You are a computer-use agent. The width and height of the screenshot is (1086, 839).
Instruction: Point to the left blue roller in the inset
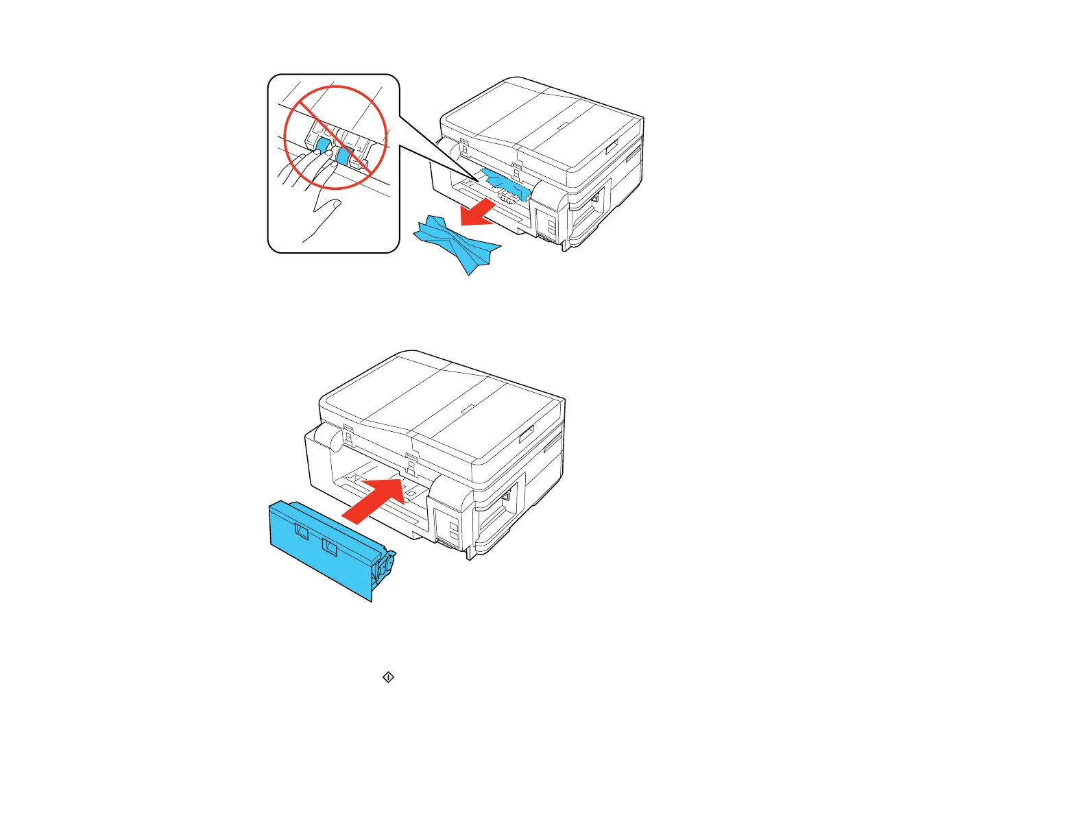coord(321,145)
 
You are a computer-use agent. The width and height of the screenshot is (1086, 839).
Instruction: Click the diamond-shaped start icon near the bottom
coord(388,677)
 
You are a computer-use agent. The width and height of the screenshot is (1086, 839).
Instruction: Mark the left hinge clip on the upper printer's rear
coord(463,148)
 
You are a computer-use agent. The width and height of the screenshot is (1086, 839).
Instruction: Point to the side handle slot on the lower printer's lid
coord(527,434)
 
